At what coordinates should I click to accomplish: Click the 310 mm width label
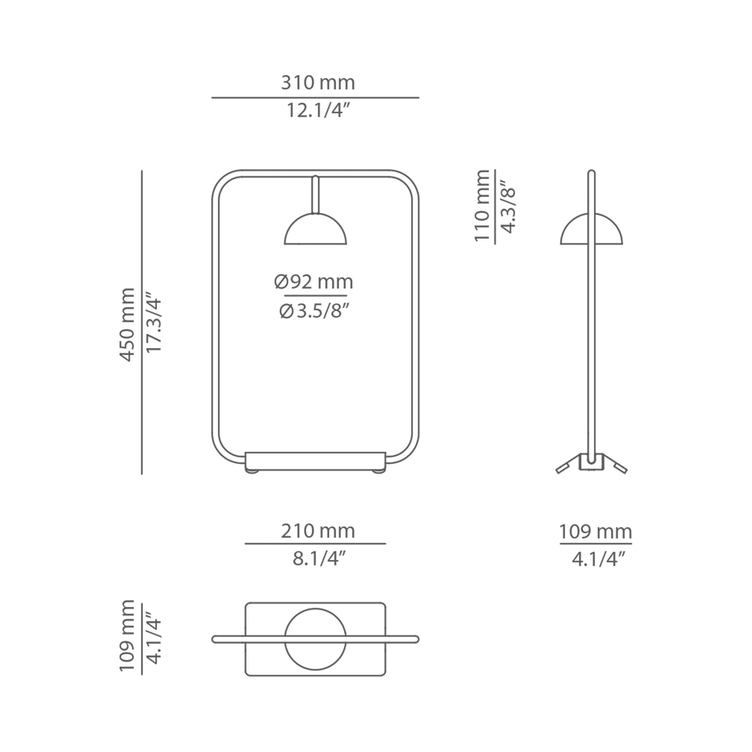pyautogui.click(x=317, y=83)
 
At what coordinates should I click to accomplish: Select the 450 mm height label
pyautogui.click(x=128, y=324)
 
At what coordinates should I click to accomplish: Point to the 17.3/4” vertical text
pyautogui.click(x=154, y=324)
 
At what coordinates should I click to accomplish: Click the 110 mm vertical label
pyautogui.click(x=482, y=206)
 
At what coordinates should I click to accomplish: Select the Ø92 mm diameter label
pyautogui.click(x=314, y=282)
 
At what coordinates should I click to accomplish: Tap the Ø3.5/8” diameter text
pyautogui.click(x=314, y=311)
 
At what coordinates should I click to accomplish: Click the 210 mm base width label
pyautogui.click(x=317, y=531)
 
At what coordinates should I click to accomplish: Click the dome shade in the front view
pyautogui.click(x=315, y=232)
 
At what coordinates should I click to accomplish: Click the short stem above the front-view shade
pyautogui.click(x=315, y=194)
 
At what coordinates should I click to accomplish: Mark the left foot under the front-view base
pyautogui.click(x=252, y=472)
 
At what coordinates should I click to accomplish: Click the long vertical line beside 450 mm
pyautogui.click(x=142, y=323)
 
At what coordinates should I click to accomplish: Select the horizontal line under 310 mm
pyautogui.click(x=315, y=97)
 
